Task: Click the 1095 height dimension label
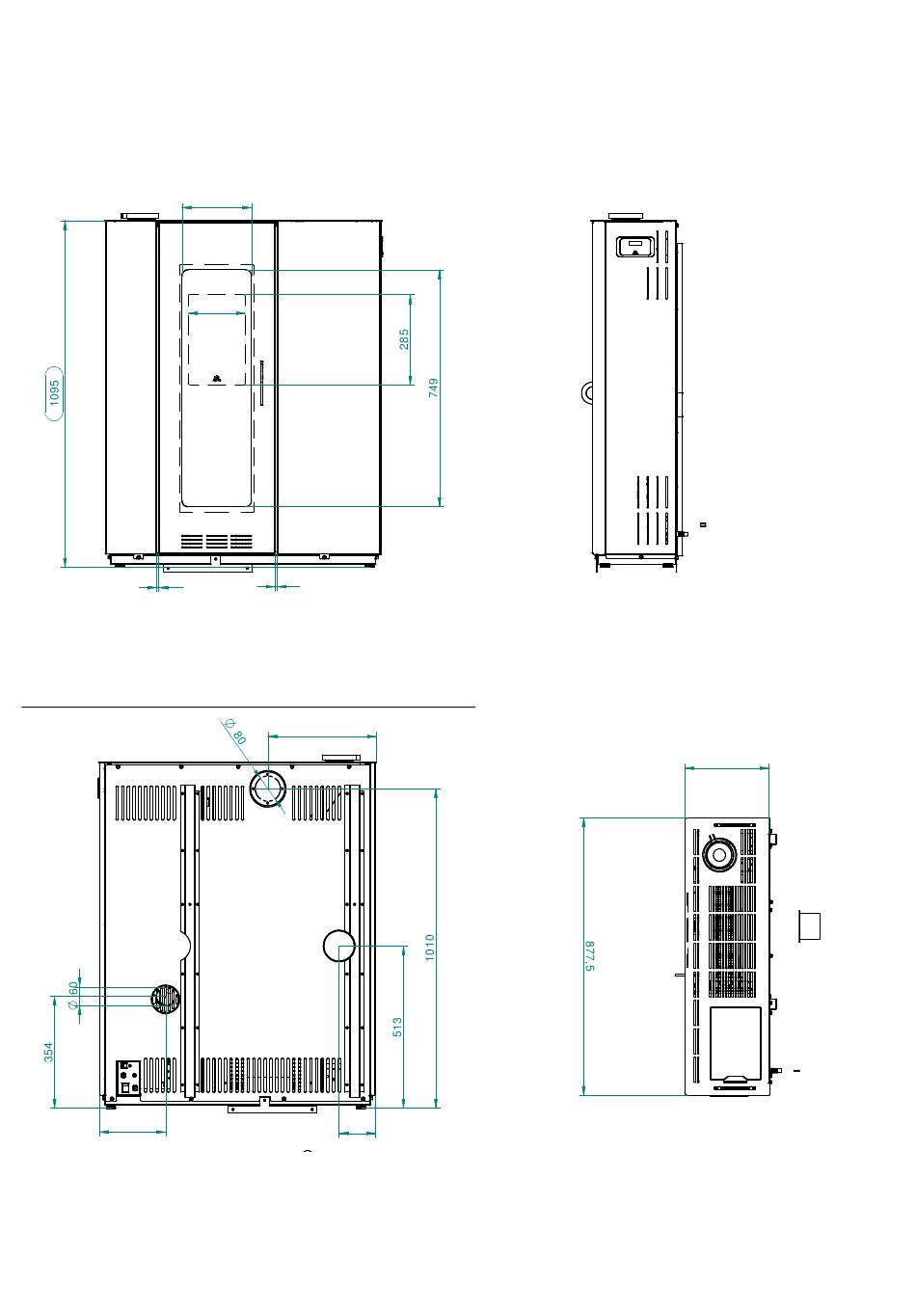pos(54,392)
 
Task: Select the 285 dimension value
pos(404,339)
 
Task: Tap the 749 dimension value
pos(433,388)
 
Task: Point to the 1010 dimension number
pos(430,948)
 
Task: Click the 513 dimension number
pos(397,1028)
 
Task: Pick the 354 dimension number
pos(48,1052)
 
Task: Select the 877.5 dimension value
pos(590,956)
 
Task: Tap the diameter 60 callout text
pos(72,995)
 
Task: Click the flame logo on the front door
pos(217,379)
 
